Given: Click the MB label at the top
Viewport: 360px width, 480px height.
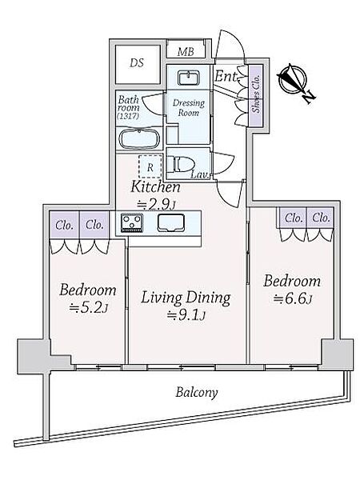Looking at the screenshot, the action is [x=186, y=52].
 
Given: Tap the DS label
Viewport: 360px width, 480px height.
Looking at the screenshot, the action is [x=137, y=63].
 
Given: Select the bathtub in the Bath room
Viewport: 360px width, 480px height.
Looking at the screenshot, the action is [x=139, y=139].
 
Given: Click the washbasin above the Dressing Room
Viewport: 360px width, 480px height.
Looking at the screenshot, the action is [x=189, y=78].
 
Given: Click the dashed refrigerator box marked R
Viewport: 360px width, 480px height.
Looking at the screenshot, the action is [x=150, y=166].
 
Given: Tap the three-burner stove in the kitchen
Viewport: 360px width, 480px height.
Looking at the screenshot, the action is [x=132, y=222].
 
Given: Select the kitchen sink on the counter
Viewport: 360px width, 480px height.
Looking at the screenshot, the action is [x=171, y=222].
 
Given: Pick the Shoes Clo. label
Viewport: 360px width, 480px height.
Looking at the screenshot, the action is [x=256, y=94].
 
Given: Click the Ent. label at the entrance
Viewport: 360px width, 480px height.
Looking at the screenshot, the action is [x=226, y=76].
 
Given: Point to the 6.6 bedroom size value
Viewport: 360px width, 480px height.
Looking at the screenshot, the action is [x=293, y=298].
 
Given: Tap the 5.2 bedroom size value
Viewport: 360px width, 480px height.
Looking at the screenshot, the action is [x=89, y=308].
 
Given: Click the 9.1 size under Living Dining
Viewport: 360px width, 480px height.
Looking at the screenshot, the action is [x=186, y=314].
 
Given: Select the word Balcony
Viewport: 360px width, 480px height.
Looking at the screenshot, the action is [x=197, y=392].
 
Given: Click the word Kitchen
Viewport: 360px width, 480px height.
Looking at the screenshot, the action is [x=155, y=187].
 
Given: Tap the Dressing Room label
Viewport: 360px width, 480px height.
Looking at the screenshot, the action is [x=189, y=107].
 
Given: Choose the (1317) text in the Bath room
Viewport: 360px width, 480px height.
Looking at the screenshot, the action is [x=128, y=116].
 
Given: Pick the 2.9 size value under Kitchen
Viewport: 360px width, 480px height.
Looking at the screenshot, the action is [x=156, y=205].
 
